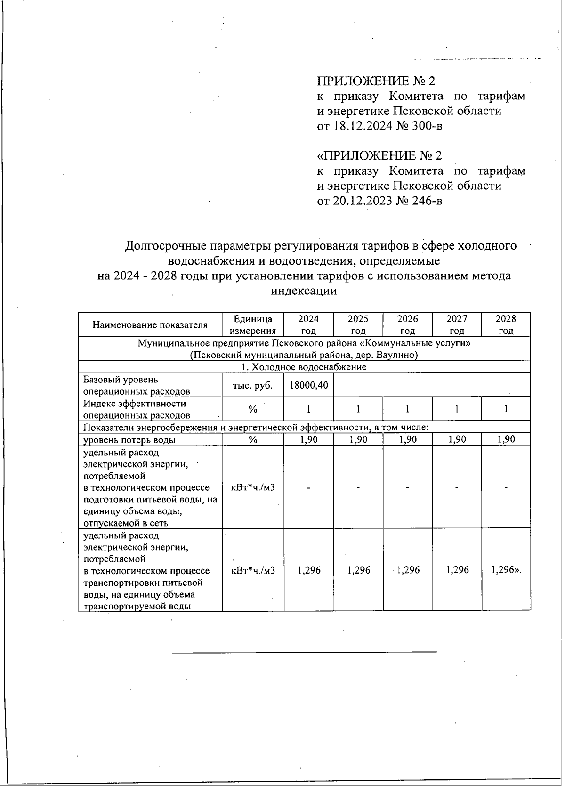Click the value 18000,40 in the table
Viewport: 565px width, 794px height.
[309, 385]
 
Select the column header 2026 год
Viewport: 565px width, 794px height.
[407, 324]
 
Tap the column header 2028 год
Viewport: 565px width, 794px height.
[506, 324]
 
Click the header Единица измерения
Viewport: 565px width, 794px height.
[253, 324]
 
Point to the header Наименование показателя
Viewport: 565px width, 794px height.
[150, 325]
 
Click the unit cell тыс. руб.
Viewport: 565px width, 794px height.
[253, 385]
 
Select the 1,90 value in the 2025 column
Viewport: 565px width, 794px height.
[358, 439]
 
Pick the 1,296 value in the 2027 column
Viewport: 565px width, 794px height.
[457, 570]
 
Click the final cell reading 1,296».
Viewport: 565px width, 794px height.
[506, 570]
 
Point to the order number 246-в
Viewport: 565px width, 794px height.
[426, 201]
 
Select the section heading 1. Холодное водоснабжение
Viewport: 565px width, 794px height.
[304, 367]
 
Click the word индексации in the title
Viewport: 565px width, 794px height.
[304, 291]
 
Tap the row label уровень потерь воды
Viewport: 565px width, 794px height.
[129, 440]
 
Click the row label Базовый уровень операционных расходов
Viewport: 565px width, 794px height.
[137, 385]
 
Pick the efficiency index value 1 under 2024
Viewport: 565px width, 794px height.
[309, 409]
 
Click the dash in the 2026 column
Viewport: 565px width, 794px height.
[407, 488]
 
